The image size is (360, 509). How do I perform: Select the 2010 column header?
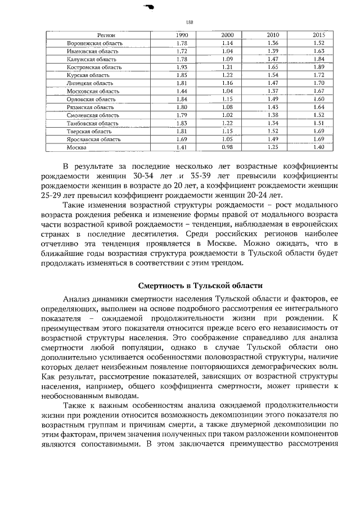[x=273, y=35]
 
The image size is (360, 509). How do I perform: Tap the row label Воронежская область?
[x=91, y=43]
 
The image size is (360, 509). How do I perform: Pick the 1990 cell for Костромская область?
[x=182, y=67]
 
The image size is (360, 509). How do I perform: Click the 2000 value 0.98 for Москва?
[x=227, y=147]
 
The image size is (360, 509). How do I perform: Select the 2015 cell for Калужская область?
[x=319, y=59]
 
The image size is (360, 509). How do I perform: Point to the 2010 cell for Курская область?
[x=273, y=75]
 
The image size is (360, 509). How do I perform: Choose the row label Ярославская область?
[x=91, y=139]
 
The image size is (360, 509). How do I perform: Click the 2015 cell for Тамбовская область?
[x=319, y=123]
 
